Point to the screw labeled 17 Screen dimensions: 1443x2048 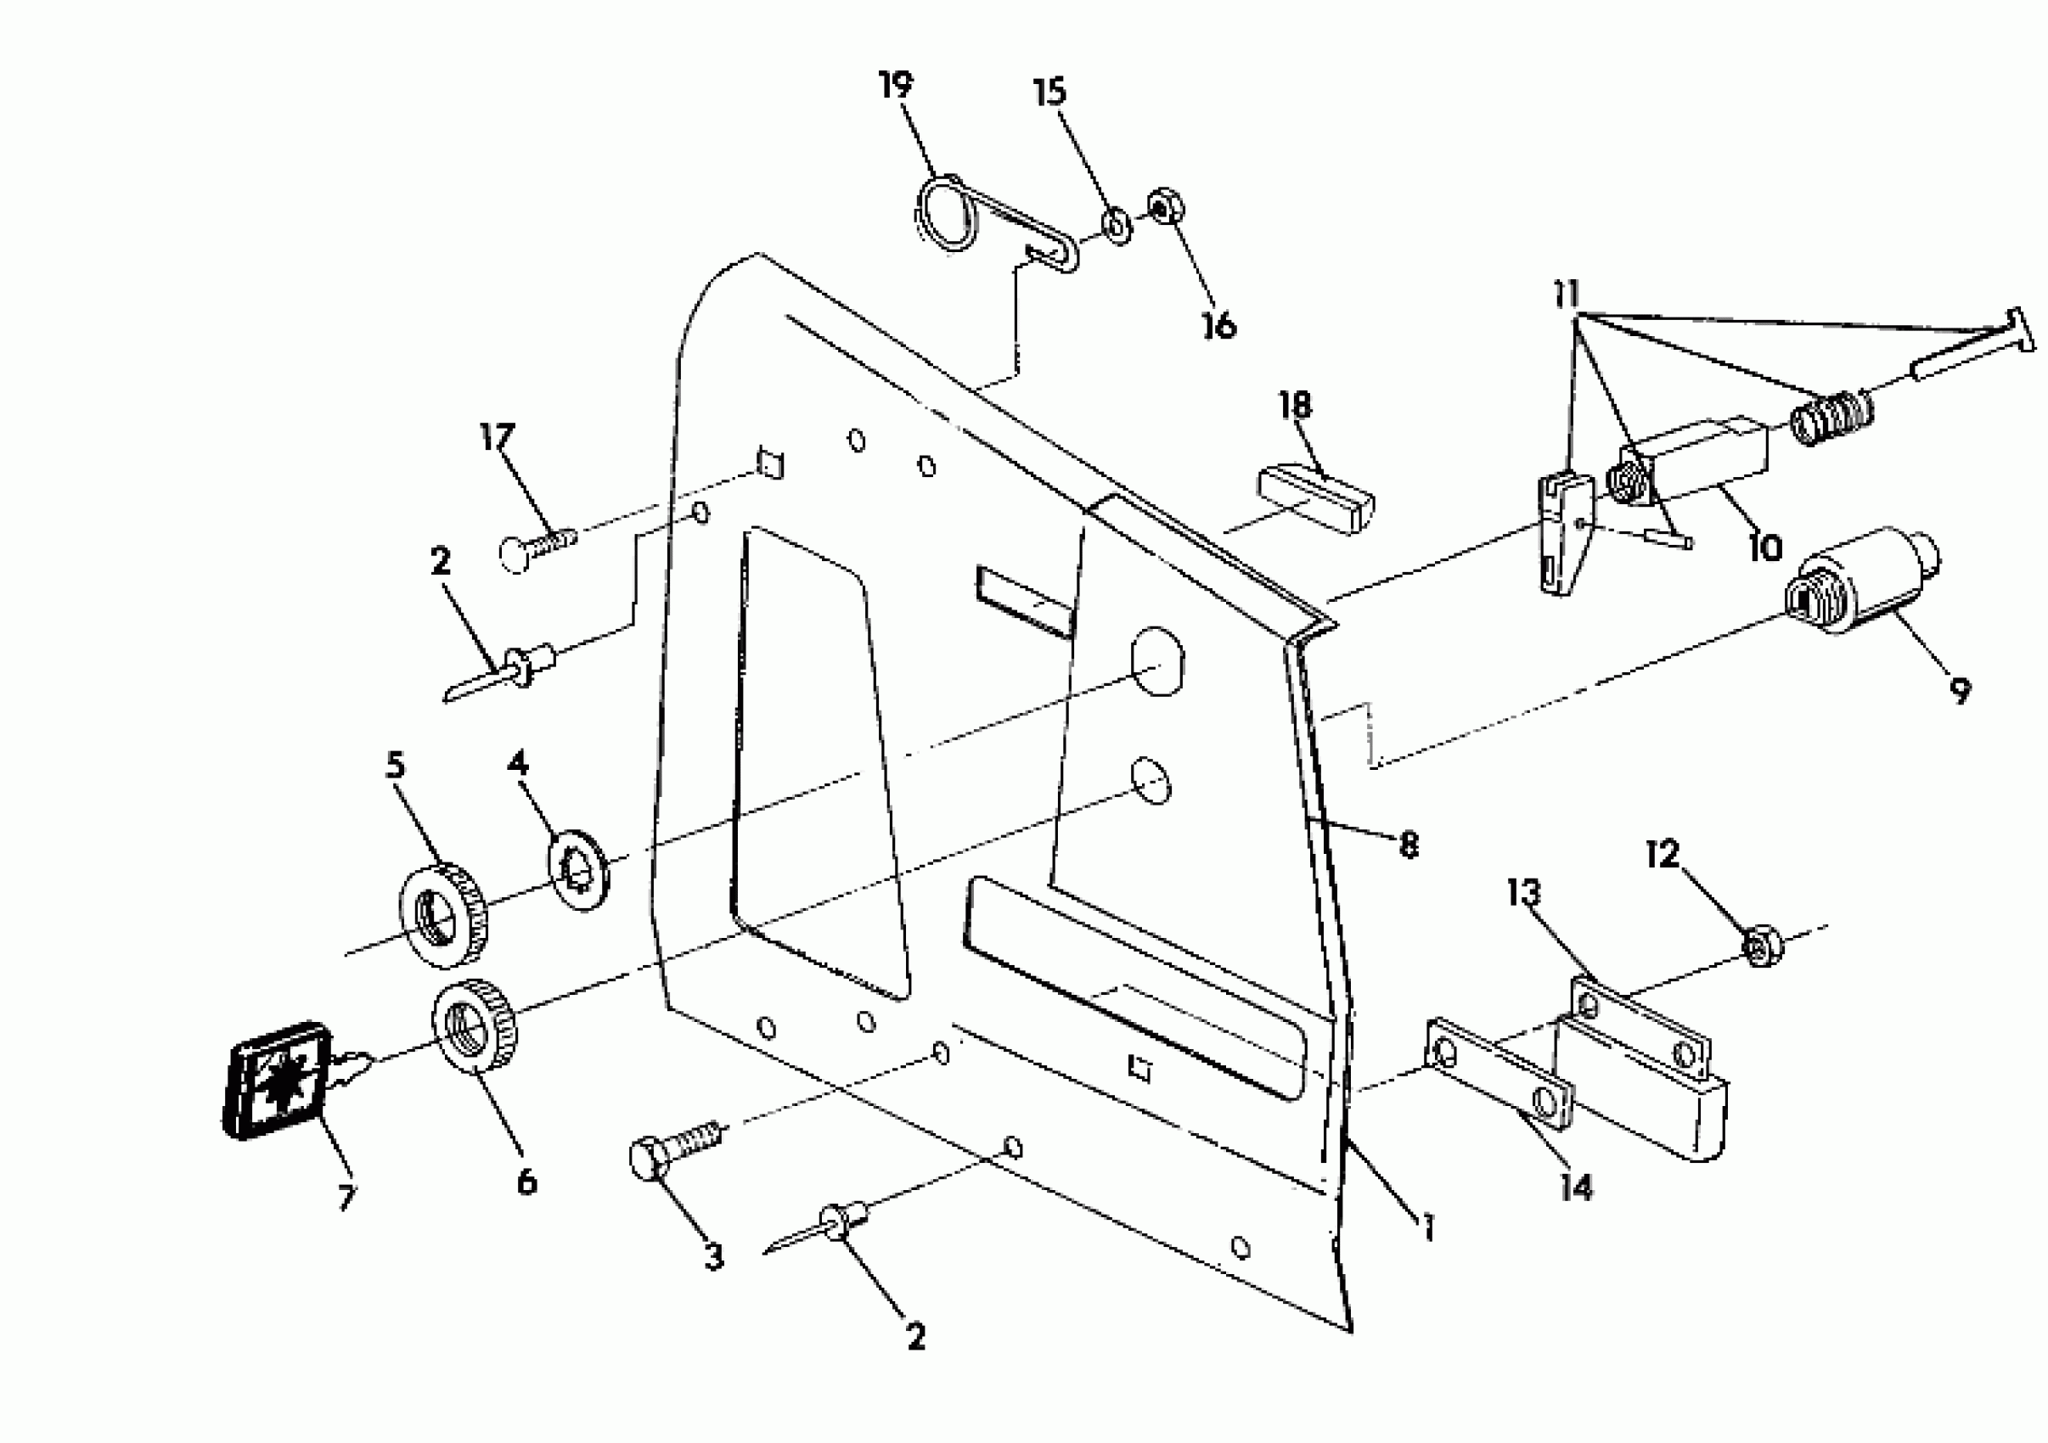pos(537,545)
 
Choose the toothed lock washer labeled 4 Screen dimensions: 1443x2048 pos(577,868)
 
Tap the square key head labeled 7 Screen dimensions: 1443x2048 pos(276,1079)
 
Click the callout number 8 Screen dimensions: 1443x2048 pos(1409,845)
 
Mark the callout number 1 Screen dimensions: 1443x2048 pos(1428,1228)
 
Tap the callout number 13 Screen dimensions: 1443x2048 pos(1524,891)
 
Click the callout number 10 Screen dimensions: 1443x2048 pos(1764,547)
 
